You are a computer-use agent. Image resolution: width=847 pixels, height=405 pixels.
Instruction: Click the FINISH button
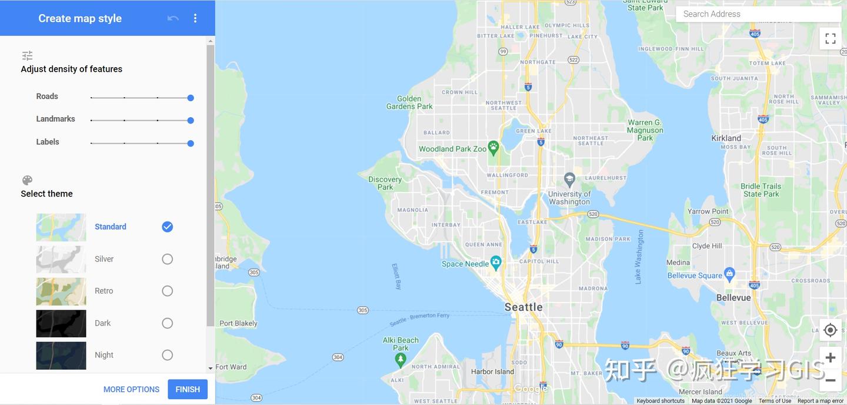188,389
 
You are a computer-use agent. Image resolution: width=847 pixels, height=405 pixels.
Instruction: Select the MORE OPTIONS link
131,389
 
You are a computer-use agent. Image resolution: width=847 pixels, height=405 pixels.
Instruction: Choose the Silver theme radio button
168,259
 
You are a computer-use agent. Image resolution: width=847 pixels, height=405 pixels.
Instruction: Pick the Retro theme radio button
168,291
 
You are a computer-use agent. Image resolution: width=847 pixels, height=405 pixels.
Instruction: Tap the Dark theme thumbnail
61,323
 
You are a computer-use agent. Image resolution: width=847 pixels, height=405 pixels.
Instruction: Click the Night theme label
104,355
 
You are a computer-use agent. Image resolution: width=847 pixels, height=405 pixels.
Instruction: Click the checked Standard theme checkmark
168,227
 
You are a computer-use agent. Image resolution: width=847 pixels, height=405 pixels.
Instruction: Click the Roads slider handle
191,98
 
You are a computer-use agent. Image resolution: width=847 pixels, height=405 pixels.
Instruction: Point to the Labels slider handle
191,143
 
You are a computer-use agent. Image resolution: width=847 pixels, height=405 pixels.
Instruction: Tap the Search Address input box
759,14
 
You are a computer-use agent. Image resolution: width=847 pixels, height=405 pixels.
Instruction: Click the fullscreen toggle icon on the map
831,39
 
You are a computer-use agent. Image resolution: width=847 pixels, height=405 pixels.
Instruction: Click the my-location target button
831,330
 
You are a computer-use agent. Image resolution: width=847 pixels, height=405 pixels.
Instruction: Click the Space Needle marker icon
496,261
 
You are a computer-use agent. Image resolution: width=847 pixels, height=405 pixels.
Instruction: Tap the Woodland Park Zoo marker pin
493,145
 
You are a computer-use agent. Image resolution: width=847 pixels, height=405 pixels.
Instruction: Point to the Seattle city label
523,307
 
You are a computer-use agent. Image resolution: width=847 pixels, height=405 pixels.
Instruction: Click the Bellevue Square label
695,275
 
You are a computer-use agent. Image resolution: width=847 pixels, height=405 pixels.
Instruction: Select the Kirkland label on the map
726,138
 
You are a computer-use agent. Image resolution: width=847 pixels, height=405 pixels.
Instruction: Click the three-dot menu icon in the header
195,18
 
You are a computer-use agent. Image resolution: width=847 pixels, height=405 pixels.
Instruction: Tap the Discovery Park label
385,183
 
